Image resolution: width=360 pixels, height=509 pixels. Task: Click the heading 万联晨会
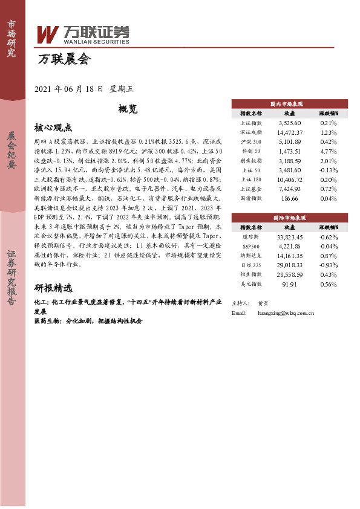(63, 59)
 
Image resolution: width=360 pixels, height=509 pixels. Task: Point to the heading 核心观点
(53, 128)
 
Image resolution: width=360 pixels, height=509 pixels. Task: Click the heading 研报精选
(53, 287)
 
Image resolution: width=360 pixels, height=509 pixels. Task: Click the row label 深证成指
(251, 132)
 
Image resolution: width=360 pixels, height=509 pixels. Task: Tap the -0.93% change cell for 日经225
(329, 265)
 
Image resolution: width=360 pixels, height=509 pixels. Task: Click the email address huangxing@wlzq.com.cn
(285, 313)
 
